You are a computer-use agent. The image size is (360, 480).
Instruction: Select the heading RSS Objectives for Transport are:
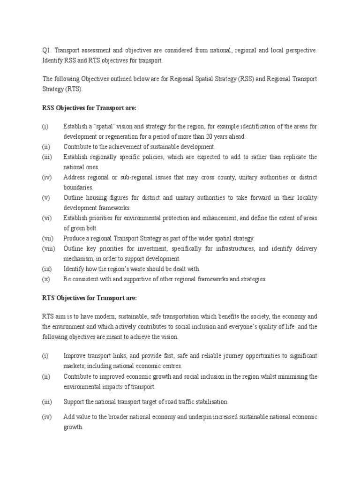click(x=89, y=108)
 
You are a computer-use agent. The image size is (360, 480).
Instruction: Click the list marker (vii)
click(x=48, y=239)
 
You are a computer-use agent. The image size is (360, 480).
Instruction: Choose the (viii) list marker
click(x=49, y=248)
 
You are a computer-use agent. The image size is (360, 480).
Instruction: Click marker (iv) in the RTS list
click(x=46, y=417)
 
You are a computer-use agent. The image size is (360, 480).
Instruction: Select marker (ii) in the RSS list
click(x=45, y=147)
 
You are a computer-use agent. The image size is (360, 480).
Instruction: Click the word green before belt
click(x=72, y=228)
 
